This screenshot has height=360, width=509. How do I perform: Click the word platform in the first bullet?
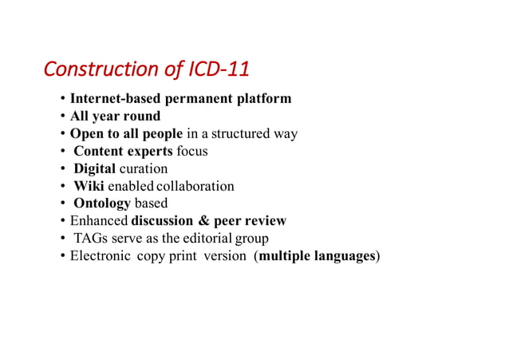tap(263, 99)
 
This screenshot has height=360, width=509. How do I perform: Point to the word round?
tap(141, 117)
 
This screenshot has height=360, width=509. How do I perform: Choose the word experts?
tap(148, 151)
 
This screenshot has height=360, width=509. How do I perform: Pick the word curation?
tap(144, 168)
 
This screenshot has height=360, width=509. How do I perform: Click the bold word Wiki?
tap(89, 186)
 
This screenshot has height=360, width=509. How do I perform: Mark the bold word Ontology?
tap(102, 204)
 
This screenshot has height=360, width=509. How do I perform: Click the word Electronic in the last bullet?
tap(100, 255)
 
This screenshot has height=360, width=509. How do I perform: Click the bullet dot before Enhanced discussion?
tap(62, 221)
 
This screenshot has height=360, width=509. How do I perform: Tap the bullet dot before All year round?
tap(62, 117)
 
